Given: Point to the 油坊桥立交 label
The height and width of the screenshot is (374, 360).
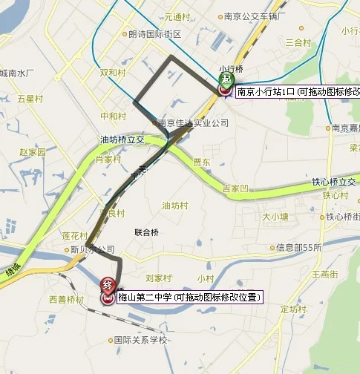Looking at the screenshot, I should [x=124, y=139].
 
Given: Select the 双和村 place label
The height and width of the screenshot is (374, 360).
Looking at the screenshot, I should [x=113, y=73].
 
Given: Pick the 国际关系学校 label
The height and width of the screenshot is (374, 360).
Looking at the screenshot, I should [x=140, y=341].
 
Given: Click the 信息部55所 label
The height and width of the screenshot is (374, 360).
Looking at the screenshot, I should [x=298, y=247].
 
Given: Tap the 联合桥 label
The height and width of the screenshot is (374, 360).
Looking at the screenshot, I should [x=146, y=232].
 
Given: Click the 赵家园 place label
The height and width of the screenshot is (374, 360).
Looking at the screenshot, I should [x=33, y=151].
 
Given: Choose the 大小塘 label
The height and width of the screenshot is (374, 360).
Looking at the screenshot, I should [x=275, y=217].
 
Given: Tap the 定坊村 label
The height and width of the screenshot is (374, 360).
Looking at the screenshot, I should [x=293, y=309].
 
